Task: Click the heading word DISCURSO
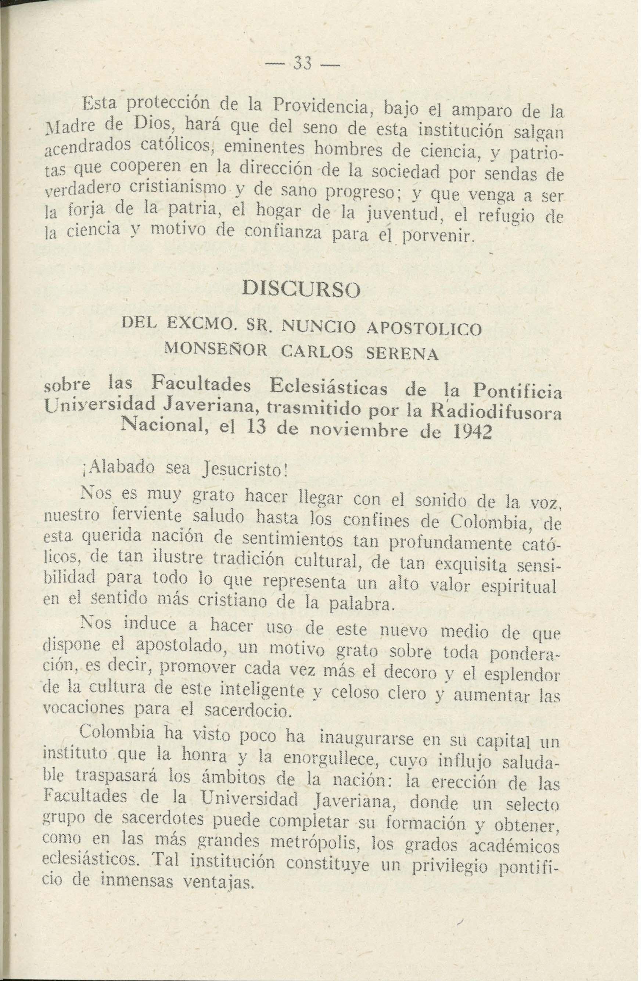(x=302, y=288)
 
